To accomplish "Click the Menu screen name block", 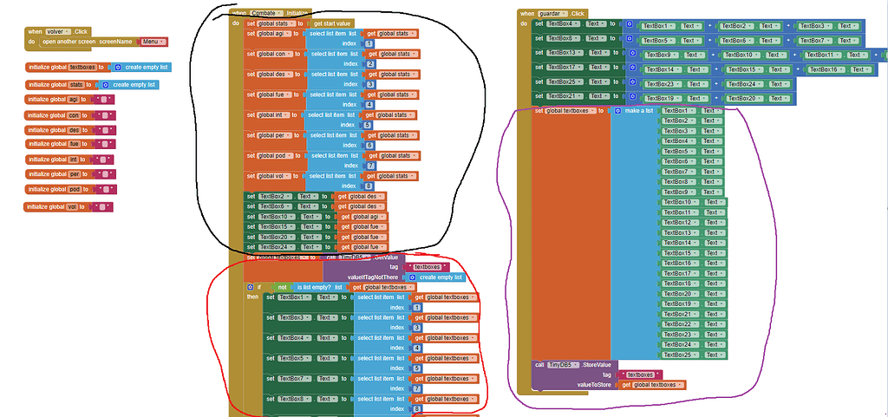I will click(x=153, y=42).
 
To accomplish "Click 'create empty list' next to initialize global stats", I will click(x=133, y=85).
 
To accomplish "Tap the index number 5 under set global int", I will click(x=369, y=125).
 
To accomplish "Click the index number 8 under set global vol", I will click(x=369, y=186).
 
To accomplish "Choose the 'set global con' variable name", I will click(x=273, y=54).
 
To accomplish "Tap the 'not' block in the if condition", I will click(x=282, y=287).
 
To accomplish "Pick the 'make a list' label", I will click(x=634, y=111).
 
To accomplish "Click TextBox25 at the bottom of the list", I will click(x=680, y=355).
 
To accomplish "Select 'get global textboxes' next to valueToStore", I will click(x=653, y=384).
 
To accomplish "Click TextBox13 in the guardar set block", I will click(x=565, y=53).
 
